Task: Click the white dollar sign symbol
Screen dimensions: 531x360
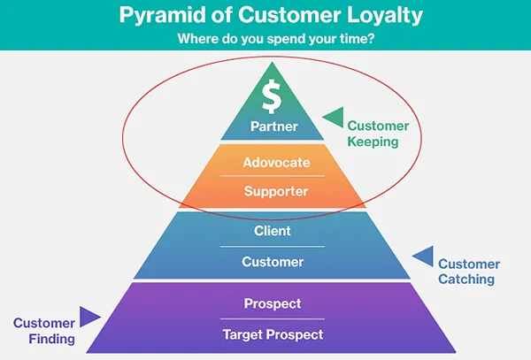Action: (272, 96)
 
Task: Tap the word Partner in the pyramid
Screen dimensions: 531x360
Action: (274, 126)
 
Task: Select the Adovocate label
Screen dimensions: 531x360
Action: (276, 163)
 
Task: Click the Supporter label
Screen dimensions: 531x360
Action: (276, 192)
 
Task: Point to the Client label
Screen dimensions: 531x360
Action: (273, 231)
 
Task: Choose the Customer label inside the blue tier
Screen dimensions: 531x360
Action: (273, 262)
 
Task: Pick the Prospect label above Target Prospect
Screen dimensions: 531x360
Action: (273, 304)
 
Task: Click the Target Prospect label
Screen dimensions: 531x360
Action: (273, 335)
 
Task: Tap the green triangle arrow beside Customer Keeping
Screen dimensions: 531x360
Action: (334, 118)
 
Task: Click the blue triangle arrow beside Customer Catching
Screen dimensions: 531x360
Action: (423, 257)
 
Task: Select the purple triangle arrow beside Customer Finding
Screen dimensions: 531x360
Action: (90, 317)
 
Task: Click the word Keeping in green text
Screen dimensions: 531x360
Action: (373, 142)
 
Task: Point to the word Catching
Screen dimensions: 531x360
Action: (466, 280)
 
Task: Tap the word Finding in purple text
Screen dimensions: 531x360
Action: (52, 339)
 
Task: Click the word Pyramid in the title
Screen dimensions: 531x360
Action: (163, 15)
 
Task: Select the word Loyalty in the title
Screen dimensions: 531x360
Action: (385, 15)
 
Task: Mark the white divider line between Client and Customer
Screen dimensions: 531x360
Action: (273, 247)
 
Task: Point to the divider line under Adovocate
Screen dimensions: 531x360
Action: (273, 176)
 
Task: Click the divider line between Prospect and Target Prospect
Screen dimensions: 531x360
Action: (273, 318)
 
